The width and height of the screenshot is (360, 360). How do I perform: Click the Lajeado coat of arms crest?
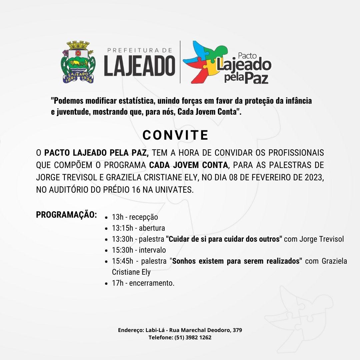pos(77,62)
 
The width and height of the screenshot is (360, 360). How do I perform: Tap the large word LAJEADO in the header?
pos(139,65)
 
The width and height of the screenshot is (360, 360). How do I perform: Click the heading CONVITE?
pos(175,135)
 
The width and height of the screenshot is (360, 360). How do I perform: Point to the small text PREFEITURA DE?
pos(140,50)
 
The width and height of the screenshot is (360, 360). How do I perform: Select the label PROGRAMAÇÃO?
pos(66,214)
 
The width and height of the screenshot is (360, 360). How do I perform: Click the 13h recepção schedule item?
pos(135,217)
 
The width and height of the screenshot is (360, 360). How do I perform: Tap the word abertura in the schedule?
pos(152,228)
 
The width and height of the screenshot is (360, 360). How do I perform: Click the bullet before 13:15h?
pos(106,229)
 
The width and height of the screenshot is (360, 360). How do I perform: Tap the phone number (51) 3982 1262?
pos(193,337)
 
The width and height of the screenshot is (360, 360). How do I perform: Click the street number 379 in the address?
pos(237,330)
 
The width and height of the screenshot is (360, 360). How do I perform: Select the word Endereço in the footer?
pos(130,330)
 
